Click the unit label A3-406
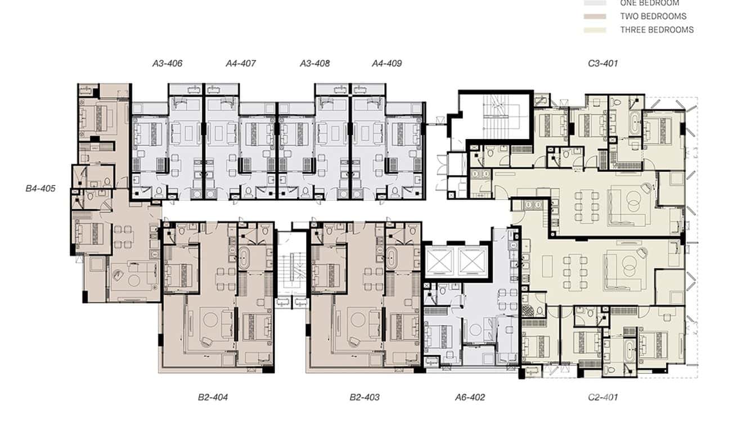point(167,64)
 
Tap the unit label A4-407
point(241,64)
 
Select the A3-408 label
point(314,64)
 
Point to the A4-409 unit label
point(387,64)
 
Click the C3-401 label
point(603,64)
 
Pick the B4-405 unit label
point(41,188)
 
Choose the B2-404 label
point(213,397)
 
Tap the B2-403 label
point(364,397)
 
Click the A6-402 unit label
point(470,397)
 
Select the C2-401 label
point(603,397)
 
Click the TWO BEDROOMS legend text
point(653,16)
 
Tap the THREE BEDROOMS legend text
point(657,30)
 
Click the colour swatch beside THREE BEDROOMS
point(595,30)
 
